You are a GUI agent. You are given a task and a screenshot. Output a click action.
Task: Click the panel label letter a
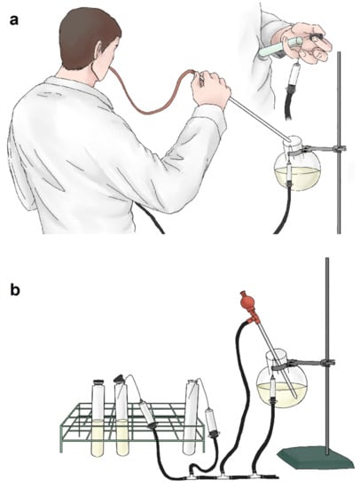(x=14, y=20)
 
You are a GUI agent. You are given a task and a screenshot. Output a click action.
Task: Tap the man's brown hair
(x=85, y=35)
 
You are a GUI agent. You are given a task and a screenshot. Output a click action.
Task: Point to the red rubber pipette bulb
(x=245, y=301)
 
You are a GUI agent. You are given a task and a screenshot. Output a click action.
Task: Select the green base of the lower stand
(x=315, y=457)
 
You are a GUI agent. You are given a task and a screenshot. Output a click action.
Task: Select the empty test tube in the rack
(x=191, y=416)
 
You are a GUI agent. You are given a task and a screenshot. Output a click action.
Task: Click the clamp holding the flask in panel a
(x=314, y=150)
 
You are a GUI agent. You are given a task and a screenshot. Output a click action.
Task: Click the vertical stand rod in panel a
(x=339, y=143)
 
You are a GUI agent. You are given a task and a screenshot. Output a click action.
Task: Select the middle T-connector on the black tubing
(x=223, y=476)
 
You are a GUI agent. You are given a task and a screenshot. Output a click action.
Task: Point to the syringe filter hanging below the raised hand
(x=293, y=75)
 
